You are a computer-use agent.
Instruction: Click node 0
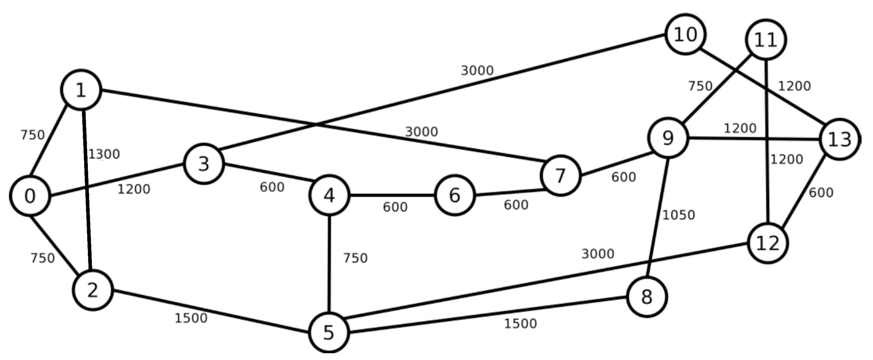click(x=30, y=196)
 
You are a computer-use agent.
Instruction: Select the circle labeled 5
click(x=329, y=332)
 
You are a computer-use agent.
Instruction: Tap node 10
click(x=686, y=35)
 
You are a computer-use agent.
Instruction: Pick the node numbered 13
click(x=839, y=139)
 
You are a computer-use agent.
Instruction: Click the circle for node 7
click(x=560, y=176)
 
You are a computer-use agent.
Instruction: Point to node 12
click(x=768, y=243)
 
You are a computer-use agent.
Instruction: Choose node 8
click(x=647, y=297)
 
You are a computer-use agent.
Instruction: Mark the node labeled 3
click(x=204, y=164)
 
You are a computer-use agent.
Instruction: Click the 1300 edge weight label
click(x=104, y=154)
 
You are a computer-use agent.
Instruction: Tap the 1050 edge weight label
click(x=678, y=215)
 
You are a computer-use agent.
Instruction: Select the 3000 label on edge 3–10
click(x=477, y=71)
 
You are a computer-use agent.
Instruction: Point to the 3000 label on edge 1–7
click(x=422, y=131)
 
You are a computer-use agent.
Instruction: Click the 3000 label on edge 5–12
click(x=598, y=254)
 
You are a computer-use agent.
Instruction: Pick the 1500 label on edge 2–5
click(x=191, y=318)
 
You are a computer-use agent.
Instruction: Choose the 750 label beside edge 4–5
click(x=355, y=258)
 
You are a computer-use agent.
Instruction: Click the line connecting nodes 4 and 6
click(x=392, y=195)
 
